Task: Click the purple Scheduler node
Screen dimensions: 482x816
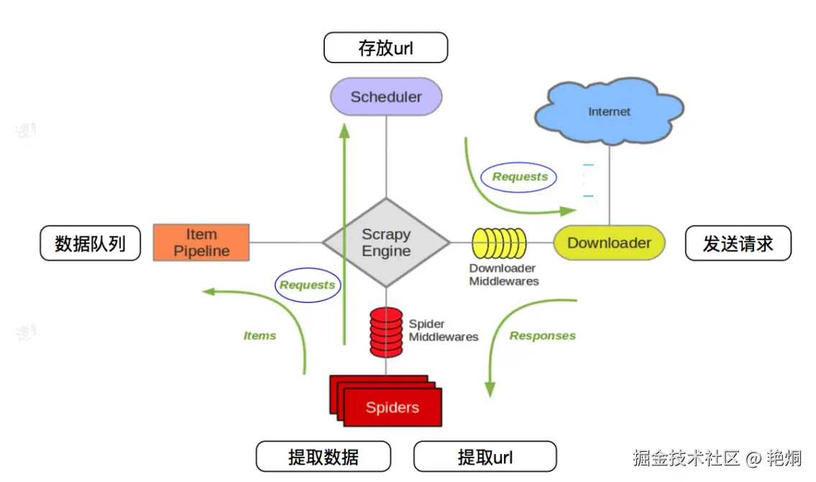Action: [386, 96]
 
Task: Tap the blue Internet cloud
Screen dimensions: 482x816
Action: [608, 111]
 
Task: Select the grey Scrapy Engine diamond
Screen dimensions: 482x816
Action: [386, 243]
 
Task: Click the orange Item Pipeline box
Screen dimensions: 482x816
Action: [201, 242]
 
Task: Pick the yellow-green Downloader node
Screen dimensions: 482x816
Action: [609, 243]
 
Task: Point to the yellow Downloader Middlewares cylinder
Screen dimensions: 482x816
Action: [499, 243]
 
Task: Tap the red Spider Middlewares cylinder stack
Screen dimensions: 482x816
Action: [386, 332]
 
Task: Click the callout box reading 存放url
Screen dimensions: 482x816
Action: [386, 48]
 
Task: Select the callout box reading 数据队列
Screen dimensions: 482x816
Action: [90, 243]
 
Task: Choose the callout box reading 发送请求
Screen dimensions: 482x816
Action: [738, 243]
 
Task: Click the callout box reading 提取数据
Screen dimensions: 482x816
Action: [323, 457]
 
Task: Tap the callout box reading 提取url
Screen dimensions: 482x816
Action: [485, 457]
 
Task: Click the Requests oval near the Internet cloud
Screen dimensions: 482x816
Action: [519, 177]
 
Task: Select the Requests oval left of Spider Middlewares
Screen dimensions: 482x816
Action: [308, 285]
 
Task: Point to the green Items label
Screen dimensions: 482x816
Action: [260, 335]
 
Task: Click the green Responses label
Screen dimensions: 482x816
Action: [542, 335]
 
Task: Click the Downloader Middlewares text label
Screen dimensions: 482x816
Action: [503, 274]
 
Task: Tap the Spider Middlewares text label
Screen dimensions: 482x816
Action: [443, 330]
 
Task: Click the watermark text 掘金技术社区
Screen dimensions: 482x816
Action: [686, 458]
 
